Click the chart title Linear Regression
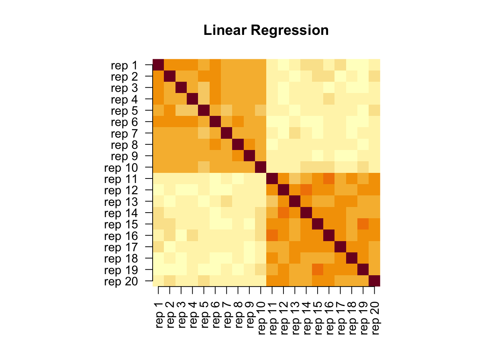tap(266, 30)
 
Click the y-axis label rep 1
tap(124, 66)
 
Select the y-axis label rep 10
tap(121, 168)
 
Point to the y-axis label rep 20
tap(121, 282)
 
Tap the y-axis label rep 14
tap(121, 213)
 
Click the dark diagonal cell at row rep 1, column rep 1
tap(158, 64)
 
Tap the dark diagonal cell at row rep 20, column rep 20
tap(374, 280)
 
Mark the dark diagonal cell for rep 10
tap(261, 167)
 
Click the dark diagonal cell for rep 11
tap(272, 178)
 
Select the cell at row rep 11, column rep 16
tap(329, 178)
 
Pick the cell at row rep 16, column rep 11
tap(272, 235)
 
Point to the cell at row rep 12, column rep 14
tap(306, 190)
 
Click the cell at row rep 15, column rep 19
tap(363, 224)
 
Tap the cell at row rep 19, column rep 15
tap(318, 269)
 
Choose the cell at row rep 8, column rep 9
tap(249, 144)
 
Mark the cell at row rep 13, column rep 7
tap(226, 201)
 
